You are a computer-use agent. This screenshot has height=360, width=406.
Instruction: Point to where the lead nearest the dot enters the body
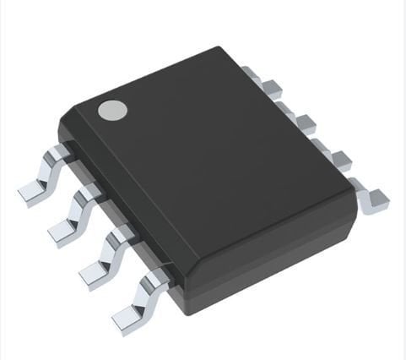[61, 153]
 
